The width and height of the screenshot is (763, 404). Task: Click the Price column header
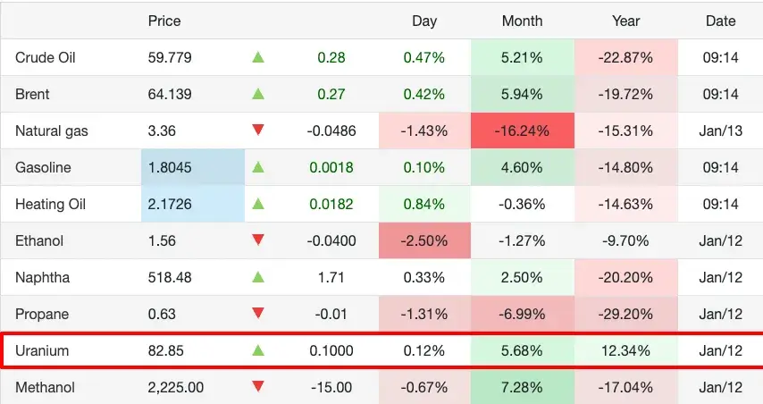(x=163, y=21)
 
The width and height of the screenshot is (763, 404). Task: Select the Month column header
(x=523, y=21)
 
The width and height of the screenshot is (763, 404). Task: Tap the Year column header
(x=626, y=21)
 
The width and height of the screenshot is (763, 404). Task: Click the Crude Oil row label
(x=46, y=57)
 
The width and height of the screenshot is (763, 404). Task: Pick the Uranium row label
(x=42, y=351)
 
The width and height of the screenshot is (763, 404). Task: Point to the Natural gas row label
(x=52, y=130)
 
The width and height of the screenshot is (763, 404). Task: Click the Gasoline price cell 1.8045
(x=168, y=167)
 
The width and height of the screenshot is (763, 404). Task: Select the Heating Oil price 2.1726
(x=168, y=204)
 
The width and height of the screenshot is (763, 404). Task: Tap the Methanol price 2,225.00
(x=176, y=388)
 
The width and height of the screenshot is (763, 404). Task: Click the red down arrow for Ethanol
(x=258, y=240)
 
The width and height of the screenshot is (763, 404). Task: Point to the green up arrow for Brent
(x=258, y=94)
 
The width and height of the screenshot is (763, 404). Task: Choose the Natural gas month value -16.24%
(x=523, y=130)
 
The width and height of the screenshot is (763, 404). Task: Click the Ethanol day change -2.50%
(x=424, y=240)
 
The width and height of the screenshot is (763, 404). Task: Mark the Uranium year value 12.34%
(x=626, y=351)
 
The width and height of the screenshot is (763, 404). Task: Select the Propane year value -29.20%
(x=626, y=315)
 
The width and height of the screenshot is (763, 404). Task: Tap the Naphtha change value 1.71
(x=331, y=278)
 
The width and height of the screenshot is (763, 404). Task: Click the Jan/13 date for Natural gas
(x=720, y=130)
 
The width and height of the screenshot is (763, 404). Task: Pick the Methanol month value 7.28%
(x=523, y=388)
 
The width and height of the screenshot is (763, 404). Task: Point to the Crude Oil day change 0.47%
(x=424, y=57)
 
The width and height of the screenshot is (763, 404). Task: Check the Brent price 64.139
(x=168, y=94)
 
